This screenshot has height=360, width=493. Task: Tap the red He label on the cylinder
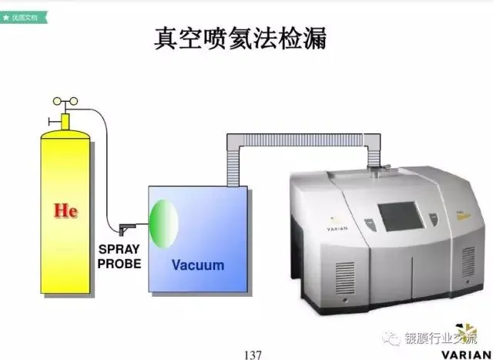click(66, 210)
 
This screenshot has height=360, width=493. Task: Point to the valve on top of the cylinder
click(64, 116)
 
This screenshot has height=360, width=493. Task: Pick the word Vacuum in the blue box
click(198, 265)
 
